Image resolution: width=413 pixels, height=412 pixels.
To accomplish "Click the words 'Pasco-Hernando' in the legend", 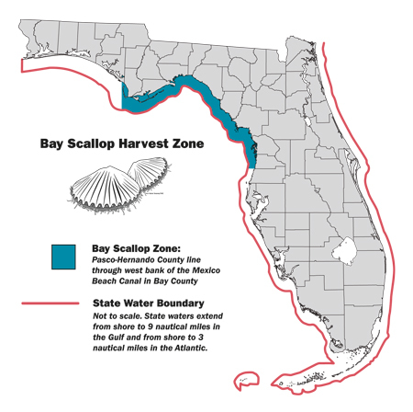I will [x=125, y=260].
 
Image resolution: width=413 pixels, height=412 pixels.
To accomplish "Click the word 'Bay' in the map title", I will [x=53, y=143].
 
